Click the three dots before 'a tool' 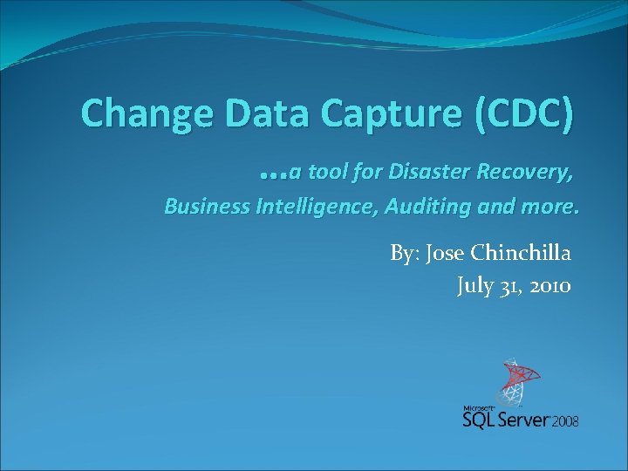pos(274,174)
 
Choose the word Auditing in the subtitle pos(430,208)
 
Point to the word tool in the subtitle pos(326,173)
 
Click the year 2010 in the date pos(549,285)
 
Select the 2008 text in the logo pos(564,421)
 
